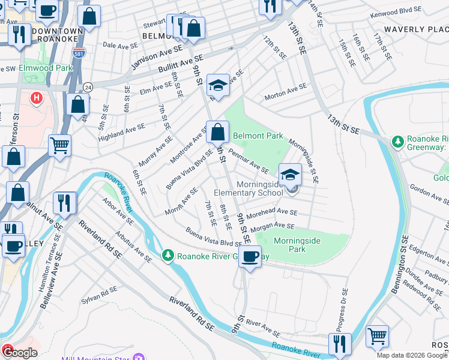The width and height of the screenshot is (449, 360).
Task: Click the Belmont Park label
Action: (258, 136)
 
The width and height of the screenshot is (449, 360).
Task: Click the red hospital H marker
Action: (37, 97)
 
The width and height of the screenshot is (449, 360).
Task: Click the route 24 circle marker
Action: (87, 87)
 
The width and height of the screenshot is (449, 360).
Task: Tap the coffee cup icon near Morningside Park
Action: (252, 257)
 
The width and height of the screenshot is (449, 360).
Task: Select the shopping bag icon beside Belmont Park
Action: (217, 131)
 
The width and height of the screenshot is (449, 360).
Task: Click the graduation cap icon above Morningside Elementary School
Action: (291, 175)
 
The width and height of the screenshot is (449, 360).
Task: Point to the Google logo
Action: (19, 353)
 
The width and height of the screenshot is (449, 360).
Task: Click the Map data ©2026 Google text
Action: (412, 355)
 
